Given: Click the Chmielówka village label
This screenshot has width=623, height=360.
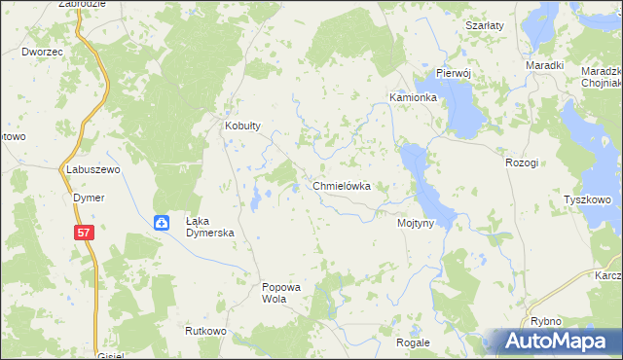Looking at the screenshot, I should (x=341, y=185).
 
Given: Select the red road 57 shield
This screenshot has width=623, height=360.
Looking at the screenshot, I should (x=85, y=232).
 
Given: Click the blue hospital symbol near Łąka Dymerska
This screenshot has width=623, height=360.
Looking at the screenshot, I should (x=162, y=223).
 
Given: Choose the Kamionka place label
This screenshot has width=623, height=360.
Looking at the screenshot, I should (x=413, y=98).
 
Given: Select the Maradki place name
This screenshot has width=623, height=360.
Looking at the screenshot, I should (x=545, y=65).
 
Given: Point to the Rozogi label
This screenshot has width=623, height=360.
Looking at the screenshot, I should (x=522, y=162).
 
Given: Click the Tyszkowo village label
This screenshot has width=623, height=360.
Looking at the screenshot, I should (x=587, y=199).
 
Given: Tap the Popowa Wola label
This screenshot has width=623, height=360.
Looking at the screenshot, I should (x=283, y=293).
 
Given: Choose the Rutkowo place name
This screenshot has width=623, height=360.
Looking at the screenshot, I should (x=205, y=331).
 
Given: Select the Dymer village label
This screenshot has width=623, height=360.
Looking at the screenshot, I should (x=89, y=198).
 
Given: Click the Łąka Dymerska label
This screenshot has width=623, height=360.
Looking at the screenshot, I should (x=211, y=228).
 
